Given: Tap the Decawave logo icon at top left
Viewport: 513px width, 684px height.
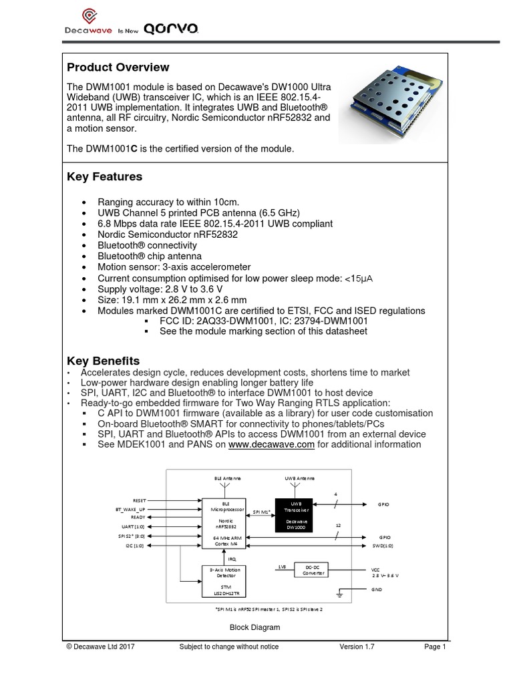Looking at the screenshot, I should (88, 17).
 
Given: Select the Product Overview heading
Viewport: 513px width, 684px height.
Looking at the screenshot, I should (118, 67).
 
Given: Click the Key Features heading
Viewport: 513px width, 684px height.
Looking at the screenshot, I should (105, 177).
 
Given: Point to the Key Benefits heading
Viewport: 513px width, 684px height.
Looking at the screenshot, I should (104, 361).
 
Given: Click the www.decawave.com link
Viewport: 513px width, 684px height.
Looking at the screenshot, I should (271, 444).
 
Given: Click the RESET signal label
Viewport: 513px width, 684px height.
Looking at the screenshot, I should (139, 500).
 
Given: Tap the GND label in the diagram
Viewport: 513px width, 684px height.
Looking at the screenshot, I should (377, 590).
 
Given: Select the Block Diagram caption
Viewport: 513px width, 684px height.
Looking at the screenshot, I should (254, 627).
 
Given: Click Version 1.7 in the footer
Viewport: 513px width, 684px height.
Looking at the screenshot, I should (359, 647).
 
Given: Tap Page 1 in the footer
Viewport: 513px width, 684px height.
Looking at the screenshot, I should (434, 647).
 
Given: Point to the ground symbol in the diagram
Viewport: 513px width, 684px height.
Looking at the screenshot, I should (340, 594).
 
